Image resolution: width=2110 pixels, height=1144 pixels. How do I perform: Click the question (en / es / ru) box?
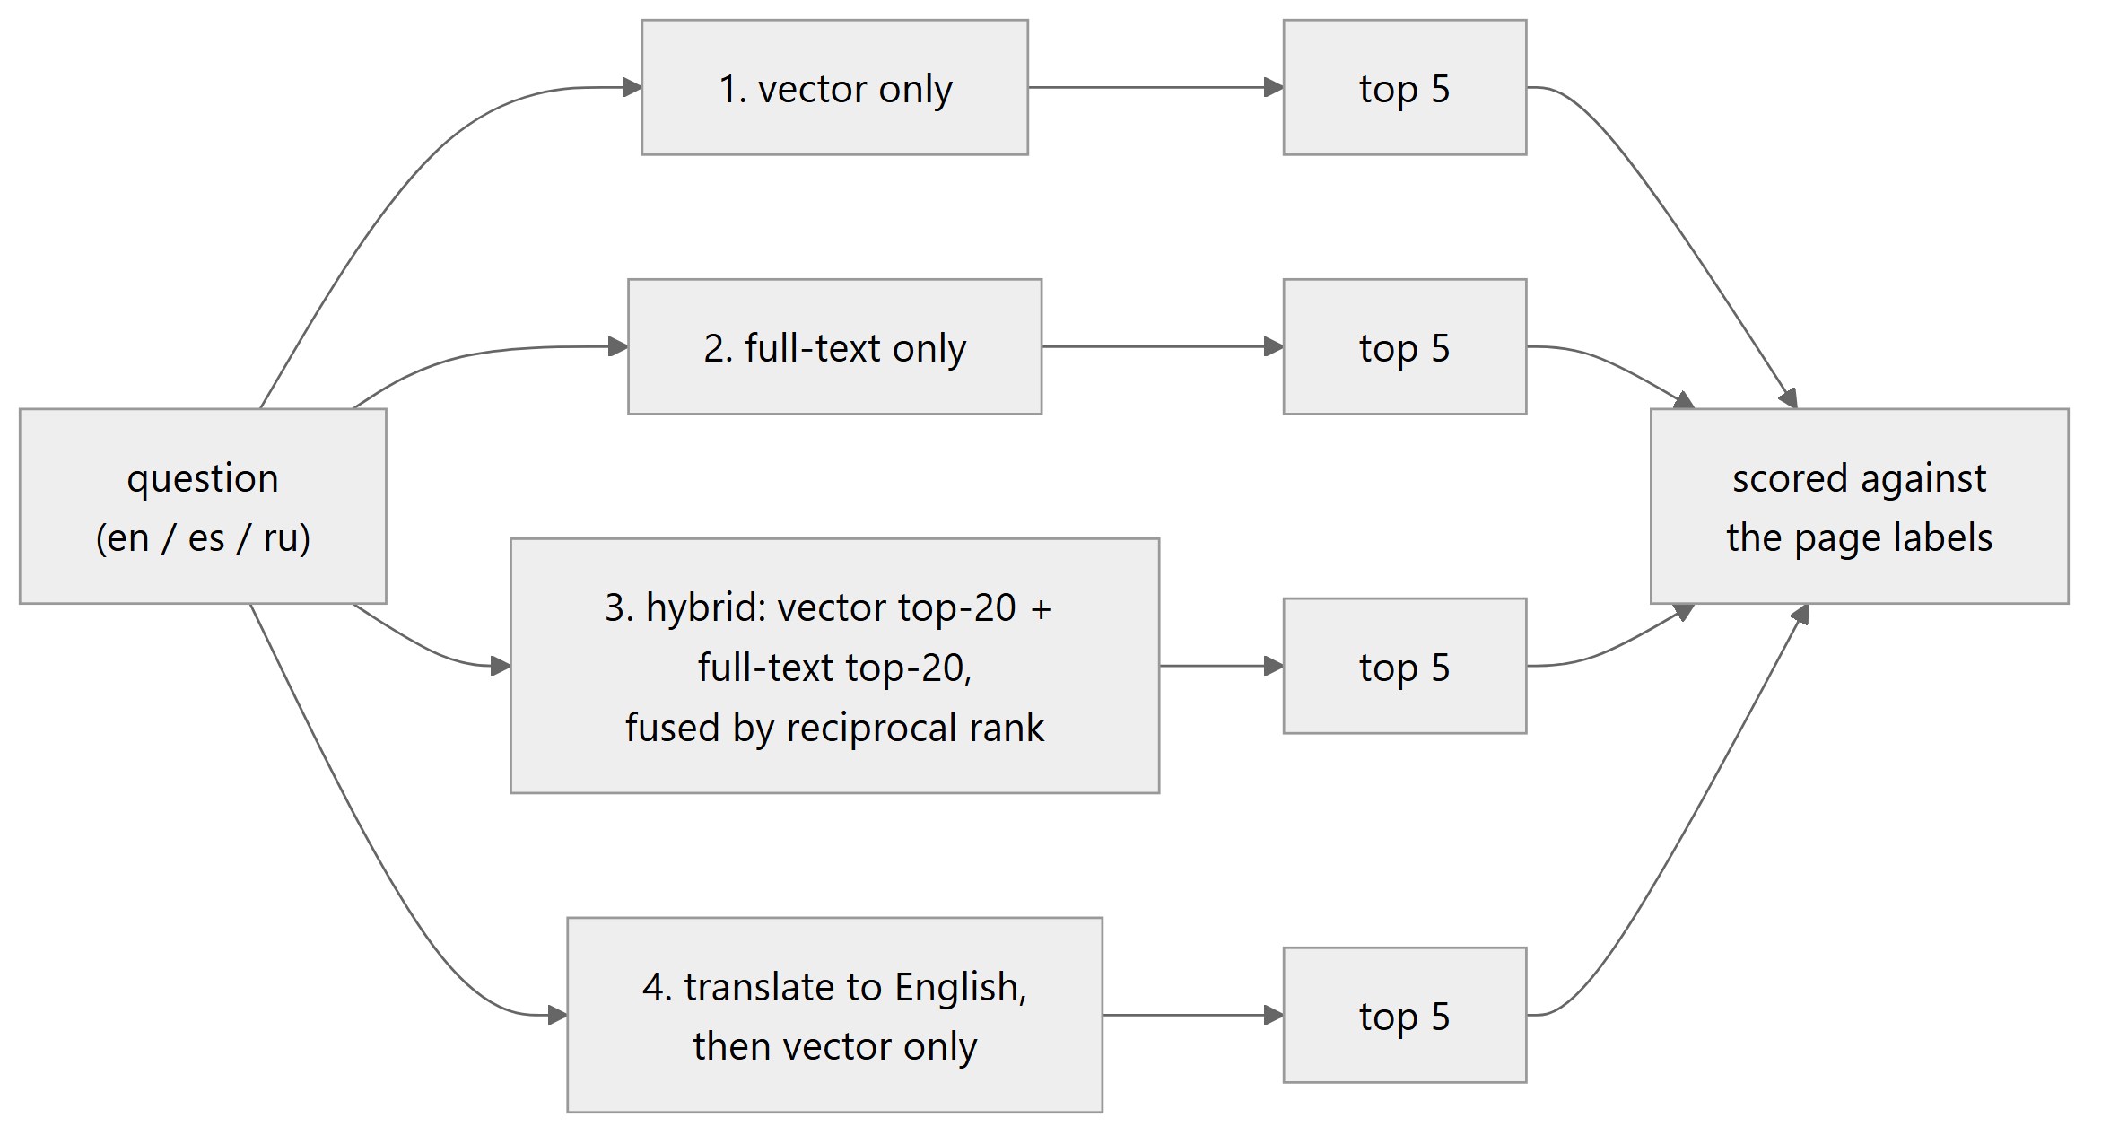tap(203, 506)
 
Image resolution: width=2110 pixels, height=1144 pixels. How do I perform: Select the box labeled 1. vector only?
tap(834, 87)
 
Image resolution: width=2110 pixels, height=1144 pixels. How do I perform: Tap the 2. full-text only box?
tap(834, 346)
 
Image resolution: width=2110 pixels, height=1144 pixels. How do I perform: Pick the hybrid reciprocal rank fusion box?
tap(834, 666)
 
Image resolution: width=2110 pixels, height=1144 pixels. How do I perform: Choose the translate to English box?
tap(834, 1015)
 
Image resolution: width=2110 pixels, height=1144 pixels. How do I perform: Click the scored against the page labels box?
tap(1860, 506)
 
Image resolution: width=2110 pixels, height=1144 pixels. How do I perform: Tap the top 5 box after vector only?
tap(1405, 87)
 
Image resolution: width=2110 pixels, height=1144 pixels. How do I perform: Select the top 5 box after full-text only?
tap(1405, 346)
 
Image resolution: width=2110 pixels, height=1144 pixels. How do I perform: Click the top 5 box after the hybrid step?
tap(1405, 666)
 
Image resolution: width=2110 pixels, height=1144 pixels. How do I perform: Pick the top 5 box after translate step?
tap(1405, 1015)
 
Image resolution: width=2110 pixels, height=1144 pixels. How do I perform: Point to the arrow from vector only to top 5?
tap(1156, 87)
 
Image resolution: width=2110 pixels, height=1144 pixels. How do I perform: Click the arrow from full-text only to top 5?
tap(1163, 346)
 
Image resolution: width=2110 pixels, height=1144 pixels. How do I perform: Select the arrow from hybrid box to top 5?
tap(1222, 666)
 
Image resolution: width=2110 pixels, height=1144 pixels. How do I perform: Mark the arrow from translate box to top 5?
tap(1193, 1015)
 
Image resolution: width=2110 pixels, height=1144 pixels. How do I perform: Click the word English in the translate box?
tap(961, 987)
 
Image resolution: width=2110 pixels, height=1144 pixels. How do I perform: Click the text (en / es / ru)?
tap(203, 537)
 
